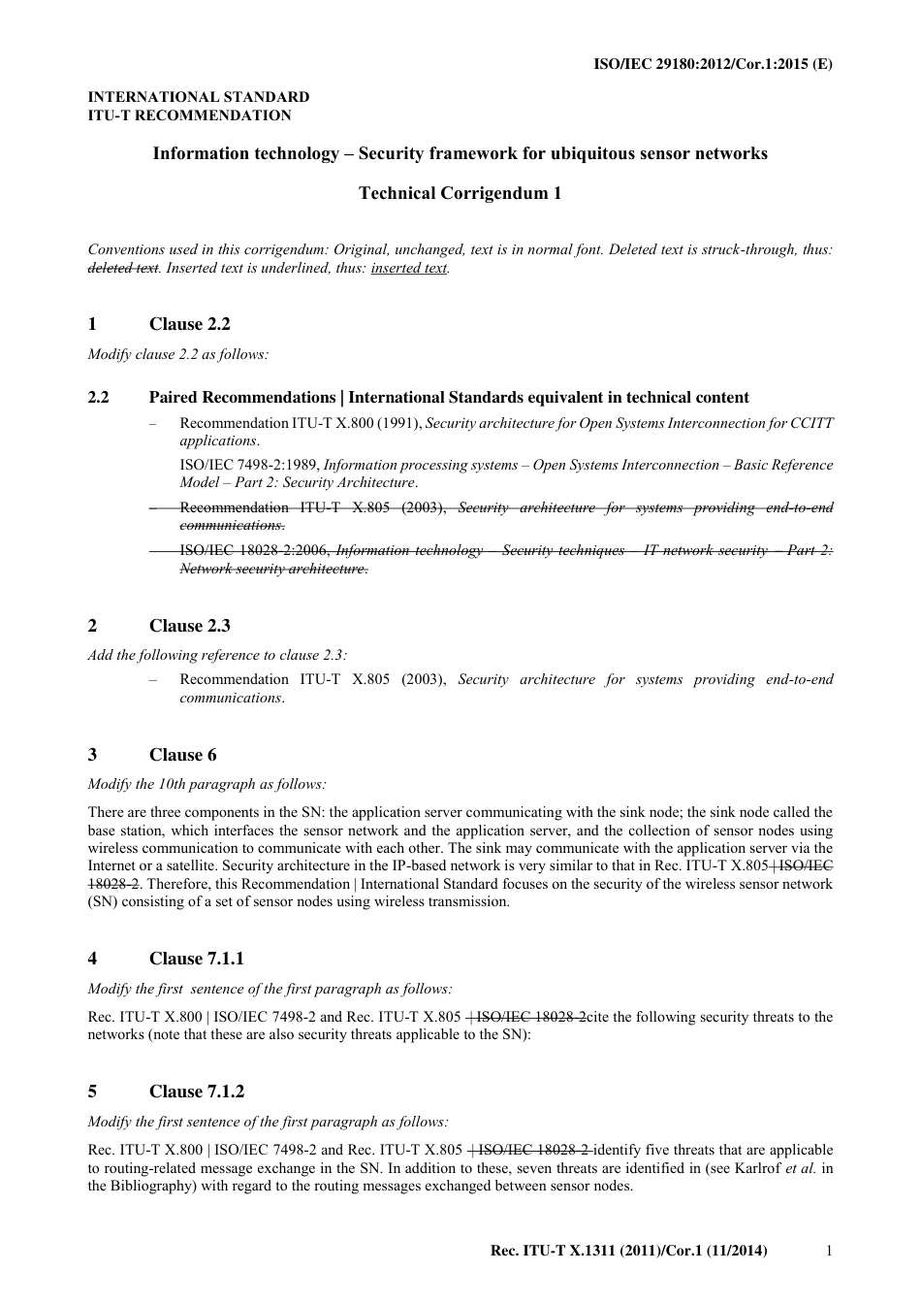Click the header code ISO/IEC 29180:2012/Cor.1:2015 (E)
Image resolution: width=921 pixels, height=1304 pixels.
tap(713, 64)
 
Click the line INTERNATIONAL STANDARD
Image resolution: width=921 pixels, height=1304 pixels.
tap(199, 97)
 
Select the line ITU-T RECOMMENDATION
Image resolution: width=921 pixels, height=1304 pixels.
tap(189, 115)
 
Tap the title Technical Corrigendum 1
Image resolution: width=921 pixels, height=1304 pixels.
tap(460, 193)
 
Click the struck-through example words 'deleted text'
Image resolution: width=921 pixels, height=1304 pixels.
tap(123, 268)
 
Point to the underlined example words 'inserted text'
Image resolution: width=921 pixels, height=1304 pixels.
tap(408, 268)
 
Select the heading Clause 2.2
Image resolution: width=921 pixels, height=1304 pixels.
tap(189, 324)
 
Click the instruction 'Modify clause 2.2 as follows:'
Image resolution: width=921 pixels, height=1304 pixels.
tap(178, 354)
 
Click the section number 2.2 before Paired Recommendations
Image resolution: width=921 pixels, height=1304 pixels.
tap(98, 398)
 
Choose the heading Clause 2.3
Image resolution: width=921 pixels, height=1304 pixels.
tap(189, 626)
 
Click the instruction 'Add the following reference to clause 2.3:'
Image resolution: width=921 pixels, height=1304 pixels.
tap(217, 655)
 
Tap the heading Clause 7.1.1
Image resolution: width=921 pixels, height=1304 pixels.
tap(196, 959)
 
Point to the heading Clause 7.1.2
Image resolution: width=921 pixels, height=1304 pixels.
tap(196, 1092)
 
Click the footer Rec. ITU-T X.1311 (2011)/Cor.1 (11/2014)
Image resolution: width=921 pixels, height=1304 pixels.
tap(629, 1252)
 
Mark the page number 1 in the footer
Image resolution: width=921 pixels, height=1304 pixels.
tap(829, 1252)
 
